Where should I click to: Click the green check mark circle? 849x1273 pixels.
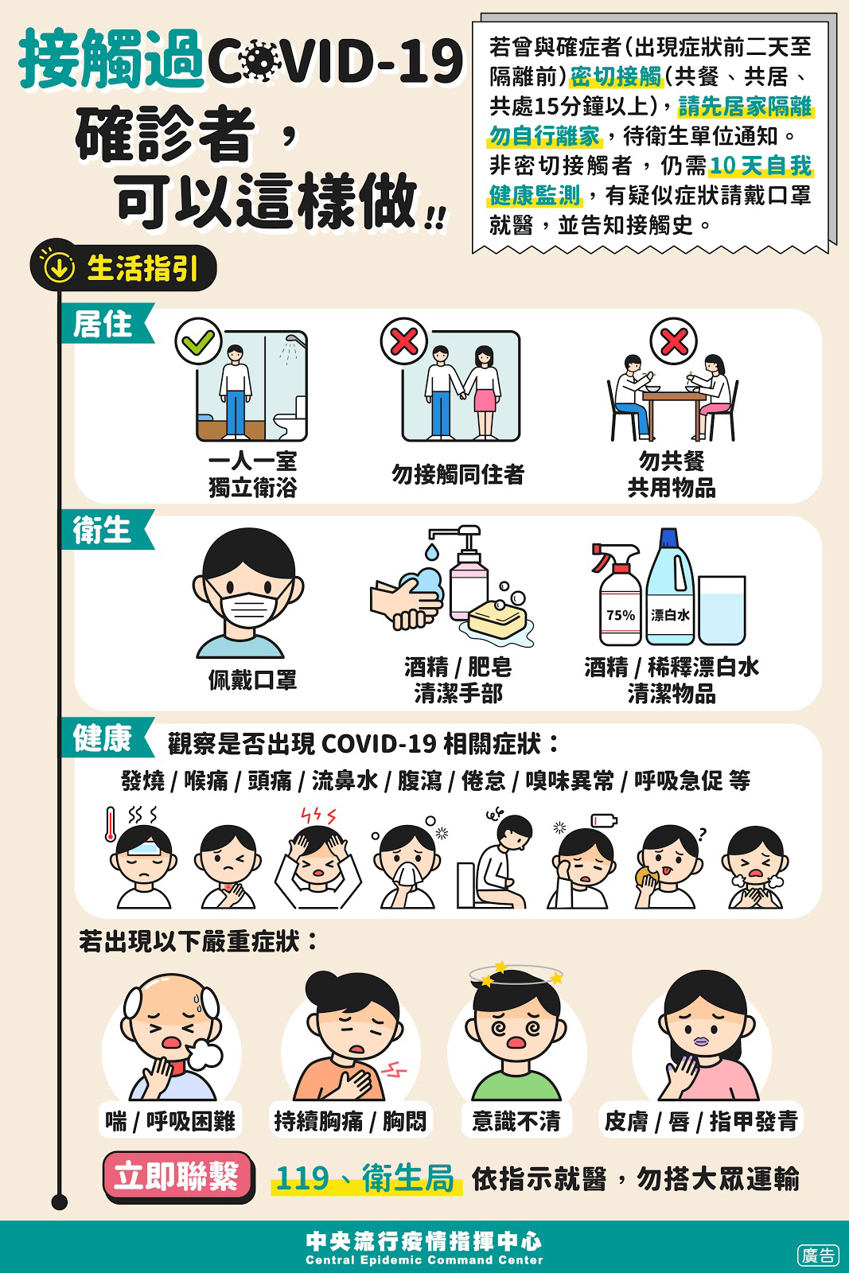pyautogui.click(x=198, y=341)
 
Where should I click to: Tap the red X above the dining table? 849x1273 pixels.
pyautogui.click(x=674, y=341)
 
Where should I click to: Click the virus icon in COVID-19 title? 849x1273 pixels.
pyautogui.click(x=262, y=60)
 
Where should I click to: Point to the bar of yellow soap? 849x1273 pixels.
pyautogui.click(x=498, y=619)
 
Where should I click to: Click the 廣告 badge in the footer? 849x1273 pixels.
pyautogui.click(x=818, y=1255)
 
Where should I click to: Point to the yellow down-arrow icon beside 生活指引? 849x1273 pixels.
pyautogui.click(x=58, y=267)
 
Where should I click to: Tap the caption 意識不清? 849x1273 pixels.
pyautogui.click(x=516, y=1122)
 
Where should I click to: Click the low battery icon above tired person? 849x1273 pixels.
pyautogui.click(x=603, y=820)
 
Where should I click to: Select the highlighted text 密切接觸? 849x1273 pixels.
pyautogui.click(x=617, y=76)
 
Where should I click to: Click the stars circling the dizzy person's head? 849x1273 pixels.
pyautogui.click(x=516, y=974)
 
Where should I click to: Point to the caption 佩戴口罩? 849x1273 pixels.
pyautogui.click(x=252, y=679)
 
